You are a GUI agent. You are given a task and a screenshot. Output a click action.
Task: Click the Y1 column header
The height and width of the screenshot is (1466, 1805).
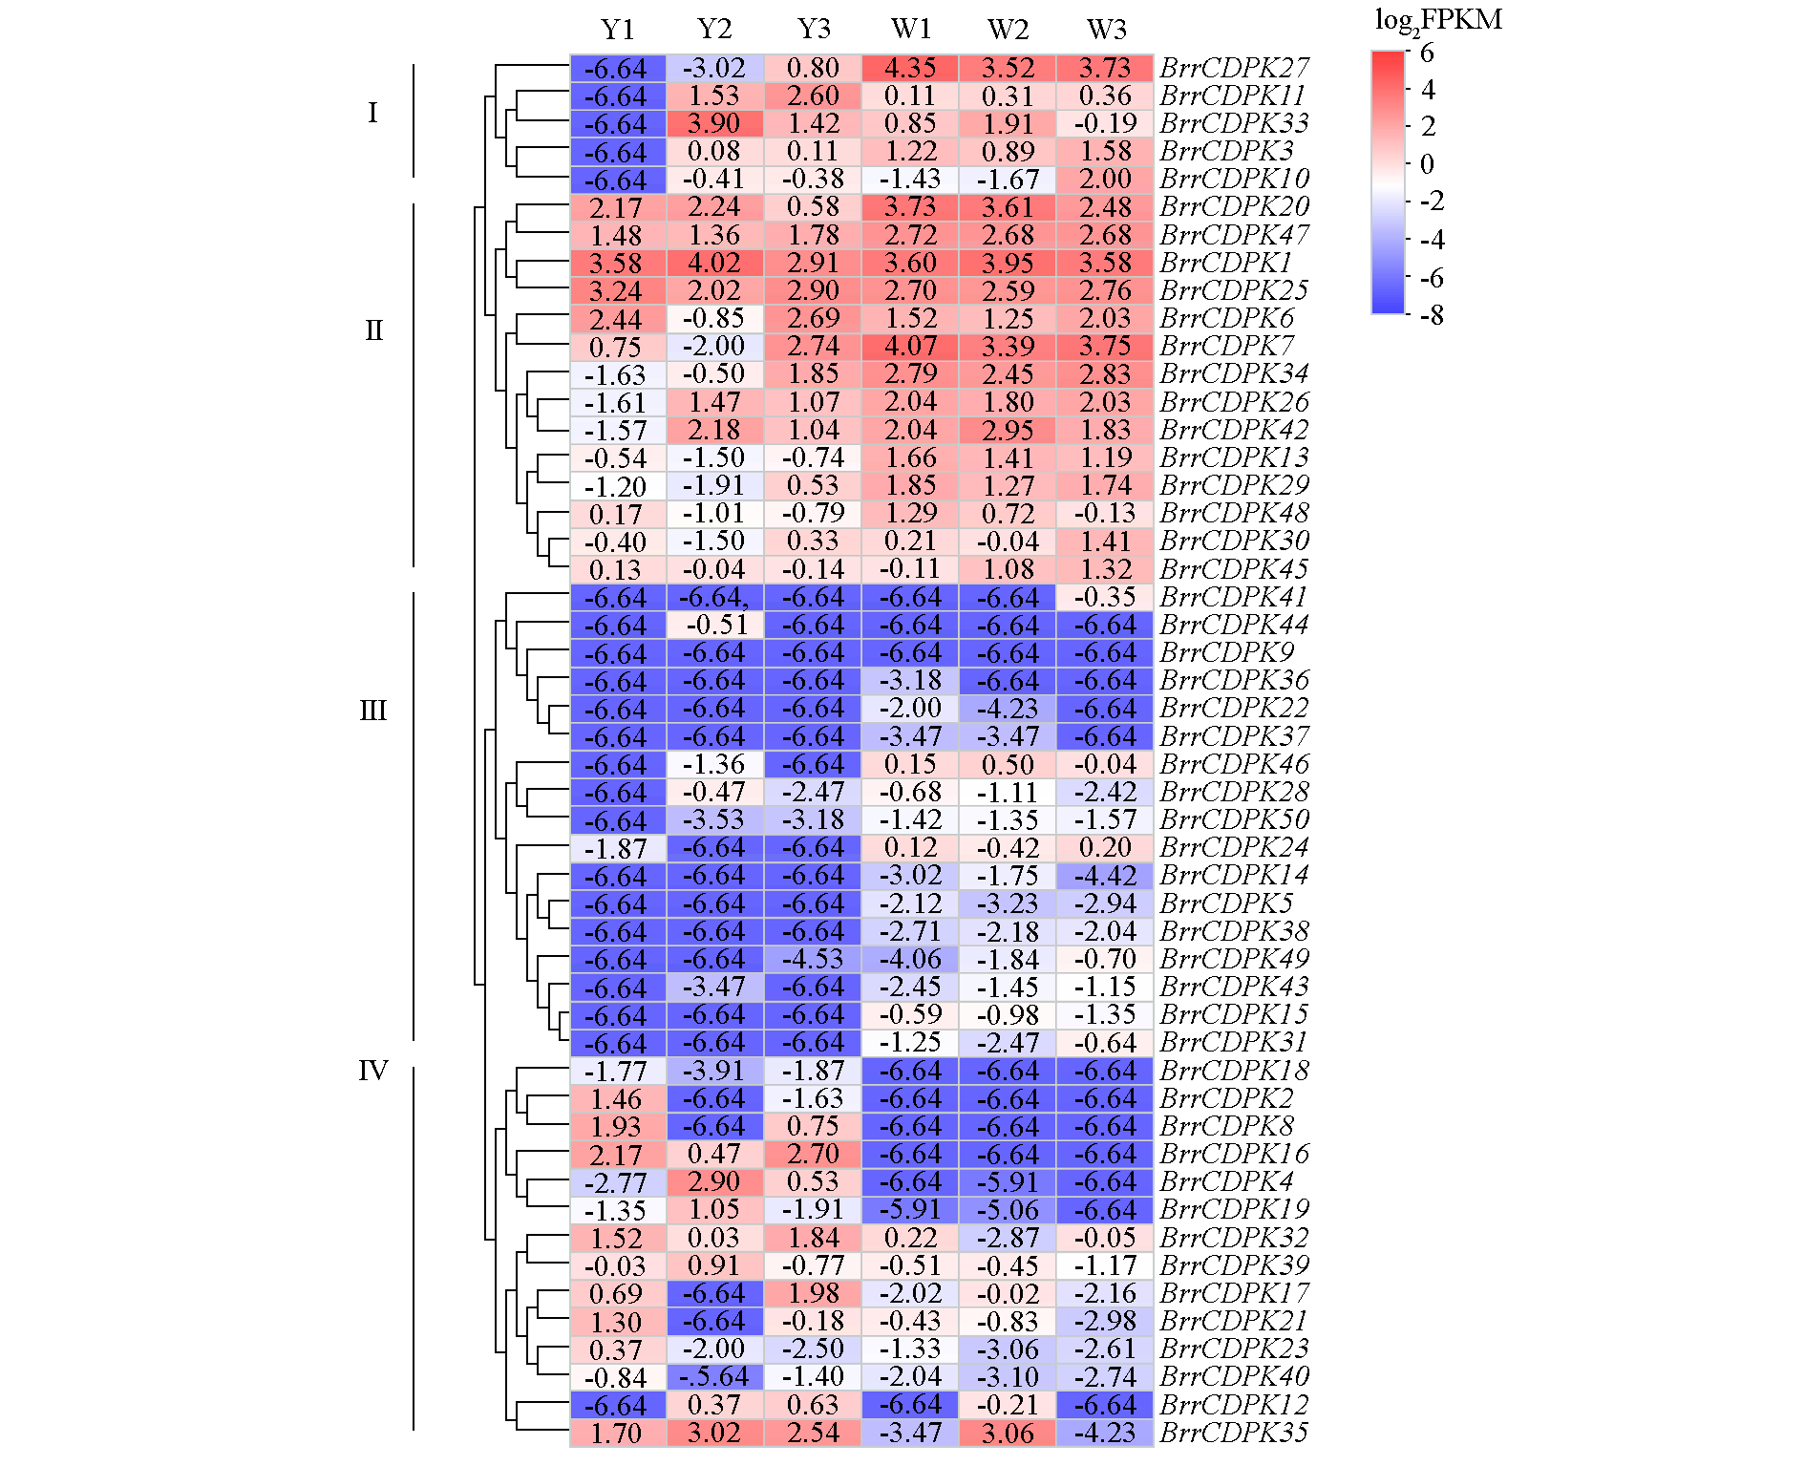(618, 30)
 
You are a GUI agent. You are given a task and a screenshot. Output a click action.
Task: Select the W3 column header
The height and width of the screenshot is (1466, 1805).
(1106, 30)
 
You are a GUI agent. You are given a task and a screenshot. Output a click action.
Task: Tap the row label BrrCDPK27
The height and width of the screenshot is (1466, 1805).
(1234, 68)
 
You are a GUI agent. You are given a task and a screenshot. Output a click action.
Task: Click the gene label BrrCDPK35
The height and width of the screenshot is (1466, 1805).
(1234, 1433)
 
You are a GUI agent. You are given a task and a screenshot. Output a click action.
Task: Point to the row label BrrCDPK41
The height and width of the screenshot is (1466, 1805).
(1234, 597)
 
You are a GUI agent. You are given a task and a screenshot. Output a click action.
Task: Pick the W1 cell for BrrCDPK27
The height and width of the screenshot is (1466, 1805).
(910, 68)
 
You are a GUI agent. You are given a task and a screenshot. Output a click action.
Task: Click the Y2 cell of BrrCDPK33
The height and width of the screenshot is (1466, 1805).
(714, 123)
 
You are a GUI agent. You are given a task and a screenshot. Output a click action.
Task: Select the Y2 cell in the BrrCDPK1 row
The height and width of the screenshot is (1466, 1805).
(714, 263)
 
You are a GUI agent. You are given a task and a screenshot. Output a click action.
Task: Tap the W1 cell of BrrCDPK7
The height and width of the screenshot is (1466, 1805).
(910, 346)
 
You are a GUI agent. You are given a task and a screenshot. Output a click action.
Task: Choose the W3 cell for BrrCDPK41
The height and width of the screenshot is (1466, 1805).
(1106, 597)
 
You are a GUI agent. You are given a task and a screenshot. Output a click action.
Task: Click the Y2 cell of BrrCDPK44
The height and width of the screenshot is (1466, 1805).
(714, 625)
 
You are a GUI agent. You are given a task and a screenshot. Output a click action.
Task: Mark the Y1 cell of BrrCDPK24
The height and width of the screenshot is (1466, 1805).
(617, 848)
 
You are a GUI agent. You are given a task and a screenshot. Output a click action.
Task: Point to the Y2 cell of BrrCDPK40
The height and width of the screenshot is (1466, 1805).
(714, 1376)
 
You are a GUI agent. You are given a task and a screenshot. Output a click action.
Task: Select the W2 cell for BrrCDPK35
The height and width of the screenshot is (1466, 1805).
(1009, 1433)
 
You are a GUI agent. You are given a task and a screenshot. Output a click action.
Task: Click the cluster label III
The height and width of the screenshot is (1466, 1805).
(372, 711)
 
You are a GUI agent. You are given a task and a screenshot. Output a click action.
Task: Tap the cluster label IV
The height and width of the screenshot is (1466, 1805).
(372, 1071)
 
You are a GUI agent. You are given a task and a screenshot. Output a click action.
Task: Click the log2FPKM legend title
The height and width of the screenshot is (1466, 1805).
(1437, 20)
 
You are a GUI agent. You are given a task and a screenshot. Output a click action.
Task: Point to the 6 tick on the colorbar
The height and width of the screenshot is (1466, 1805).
(1427, 53)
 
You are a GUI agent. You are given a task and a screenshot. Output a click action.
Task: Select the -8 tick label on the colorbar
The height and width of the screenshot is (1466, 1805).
(1431, 315)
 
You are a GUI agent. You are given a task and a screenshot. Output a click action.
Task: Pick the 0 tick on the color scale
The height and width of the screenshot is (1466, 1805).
(1427, 164)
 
